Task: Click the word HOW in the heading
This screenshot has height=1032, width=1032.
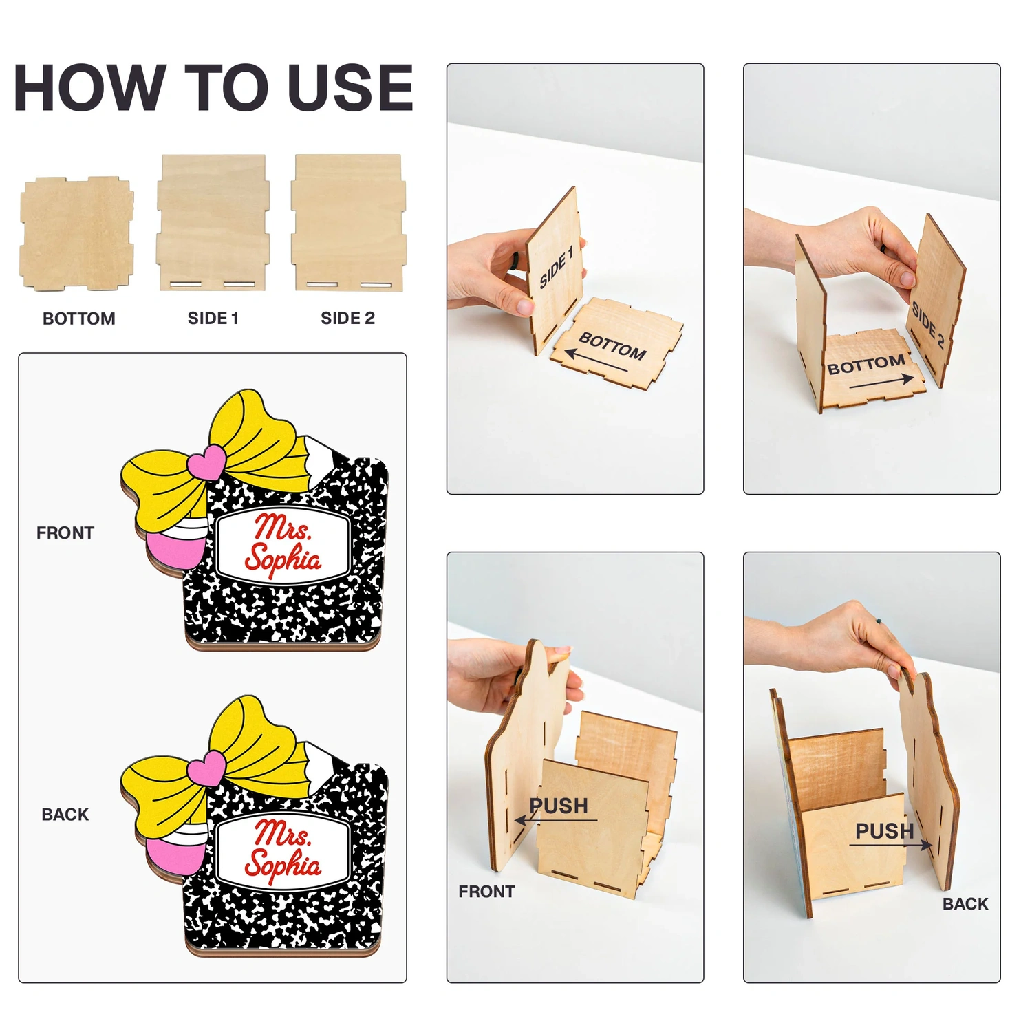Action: point(87,87)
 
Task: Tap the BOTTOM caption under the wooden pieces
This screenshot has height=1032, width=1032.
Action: point(79,319)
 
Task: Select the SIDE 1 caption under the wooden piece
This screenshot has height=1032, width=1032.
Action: point(213,318)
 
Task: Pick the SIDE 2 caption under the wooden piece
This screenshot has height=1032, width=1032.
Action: point(347,318)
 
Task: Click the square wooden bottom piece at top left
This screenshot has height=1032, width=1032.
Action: point(77,233)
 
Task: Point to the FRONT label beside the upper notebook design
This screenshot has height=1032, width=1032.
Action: point(65,533)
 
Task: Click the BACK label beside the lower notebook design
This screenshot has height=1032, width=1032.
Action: point(65,815)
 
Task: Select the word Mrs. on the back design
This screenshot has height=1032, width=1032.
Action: point(283,833)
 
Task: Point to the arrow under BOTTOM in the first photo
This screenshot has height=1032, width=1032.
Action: point(596,363)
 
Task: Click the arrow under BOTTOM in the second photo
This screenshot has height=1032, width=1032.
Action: point(882,381)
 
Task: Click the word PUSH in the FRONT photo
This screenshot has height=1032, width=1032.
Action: point(559,806)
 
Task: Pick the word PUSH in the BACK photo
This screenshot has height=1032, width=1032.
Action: point(885,831)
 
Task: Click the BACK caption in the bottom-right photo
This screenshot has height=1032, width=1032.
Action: point(965,904)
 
